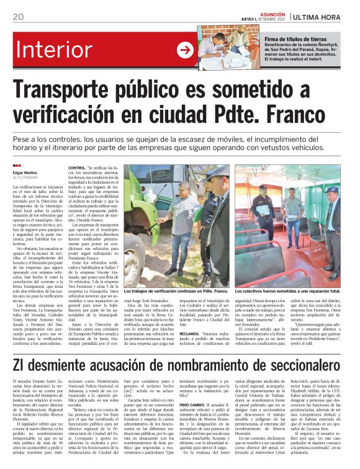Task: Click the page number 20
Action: [18, 16]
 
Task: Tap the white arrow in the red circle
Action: [185, 50]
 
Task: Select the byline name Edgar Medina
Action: [26, 172]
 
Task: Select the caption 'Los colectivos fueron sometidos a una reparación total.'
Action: [287, 290]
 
